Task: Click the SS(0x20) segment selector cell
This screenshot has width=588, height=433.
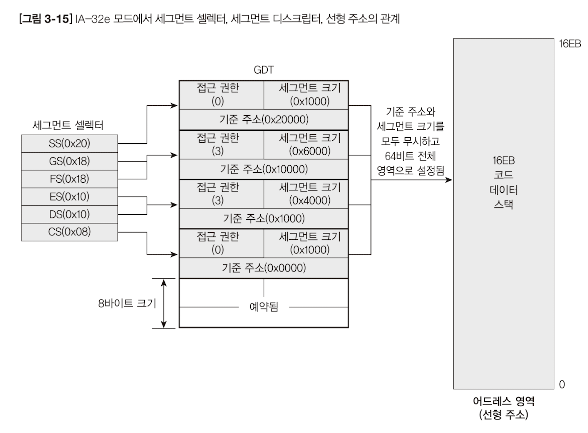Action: [x=69, y=143]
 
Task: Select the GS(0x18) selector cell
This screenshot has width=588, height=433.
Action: [x=69, y=161]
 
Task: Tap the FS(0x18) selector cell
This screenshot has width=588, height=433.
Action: [x=69, y=179]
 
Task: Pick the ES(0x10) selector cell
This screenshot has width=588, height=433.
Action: [x=69, y=196]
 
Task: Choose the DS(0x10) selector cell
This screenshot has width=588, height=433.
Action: [x=69, y=214]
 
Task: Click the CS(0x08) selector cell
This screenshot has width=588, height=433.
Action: [x=69, y=232]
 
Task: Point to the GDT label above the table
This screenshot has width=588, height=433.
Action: [x=263, y=71]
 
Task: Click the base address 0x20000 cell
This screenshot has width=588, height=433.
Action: [x=264, y=120]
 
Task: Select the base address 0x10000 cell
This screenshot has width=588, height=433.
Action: [x=264, y=169]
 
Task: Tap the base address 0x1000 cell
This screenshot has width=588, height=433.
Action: [x=264, y=218]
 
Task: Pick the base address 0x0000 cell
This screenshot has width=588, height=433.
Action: [x=264, y=267]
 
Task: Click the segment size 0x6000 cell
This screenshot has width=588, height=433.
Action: [x=306, y=144]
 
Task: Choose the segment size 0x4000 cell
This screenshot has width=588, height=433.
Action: [x=306, y=193]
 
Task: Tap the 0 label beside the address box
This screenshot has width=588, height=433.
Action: [x=562, y=384]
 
